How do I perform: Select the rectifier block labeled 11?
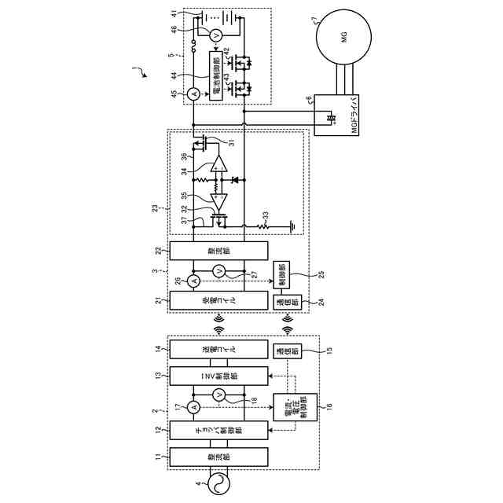click(218, 456)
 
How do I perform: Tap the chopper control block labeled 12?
click(218, 429)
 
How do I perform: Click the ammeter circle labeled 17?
click(193, 406)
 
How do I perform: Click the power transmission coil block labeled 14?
click(218, 349)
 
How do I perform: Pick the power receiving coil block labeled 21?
click(218, 299)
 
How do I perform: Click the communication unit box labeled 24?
click(282, 300)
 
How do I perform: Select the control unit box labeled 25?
click(282, 274)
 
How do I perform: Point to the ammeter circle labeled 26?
click(193, 281)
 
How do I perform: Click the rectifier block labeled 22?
click(218, 250)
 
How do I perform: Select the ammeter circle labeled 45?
click(193, 94)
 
